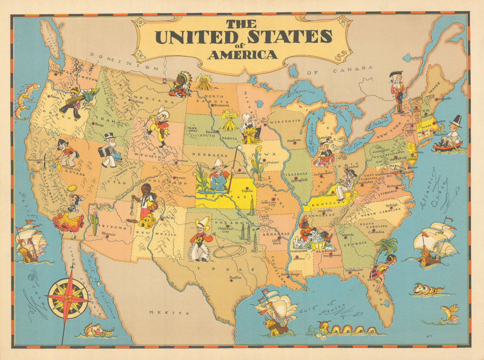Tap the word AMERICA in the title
pos(242,54)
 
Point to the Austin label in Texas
pos(235,277)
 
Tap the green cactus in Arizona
pos(94,222)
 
